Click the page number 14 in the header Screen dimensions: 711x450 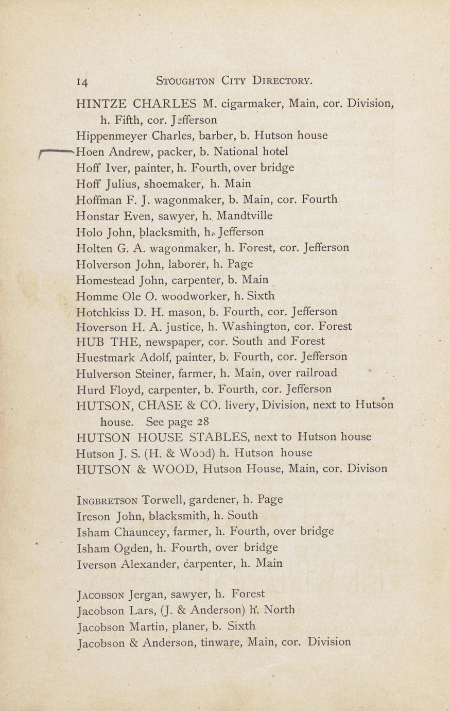pyautogui.click(x=82, y=81)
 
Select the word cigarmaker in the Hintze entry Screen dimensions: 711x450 pyautogui.click(x=252, y=104)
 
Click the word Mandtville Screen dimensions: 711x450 pyautogui.click(x=245, y=215)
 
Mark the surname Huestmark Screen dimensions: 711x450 pyautogui.click(x=105, y=357)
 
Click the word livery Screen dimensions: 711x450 pyautogui.click(x=240, y=405)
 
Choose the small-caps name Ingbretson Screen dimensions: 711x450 pyautogui.click(x=106, y=500)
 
